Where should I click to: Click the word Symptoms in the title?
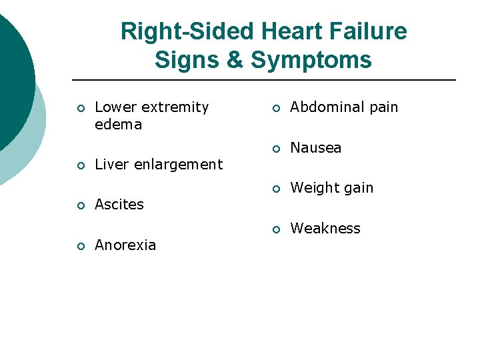click(311, 60)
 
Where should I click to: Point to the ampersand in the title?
click(235, 60)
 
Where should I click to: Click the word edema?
click(118, 125)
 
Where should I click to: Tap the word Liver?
click(112, 165)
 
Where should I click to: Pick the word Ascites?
click(119, 205)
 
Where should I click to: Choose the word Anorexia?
click(125, 245)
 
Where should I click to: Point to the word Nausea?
click(315, 147)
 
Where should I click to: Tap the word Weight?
click(314, 189)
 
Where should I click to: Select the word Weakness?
click(325, 229)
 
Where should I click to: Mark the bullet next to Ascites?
click(80, 206)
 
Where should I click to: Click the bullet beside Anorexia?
click(80, 247)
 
